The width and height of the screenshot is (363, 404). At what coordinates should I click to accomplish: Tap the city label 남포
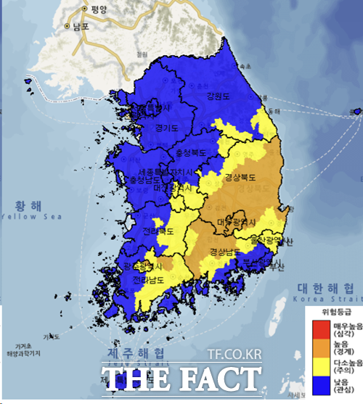pos(79,26)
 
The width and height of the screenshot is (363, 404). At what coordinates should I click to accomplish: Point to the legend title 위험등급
pos(333,315)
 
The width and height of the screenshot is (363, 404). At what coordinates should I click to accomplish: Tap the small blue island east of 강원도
pos(356,112)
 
